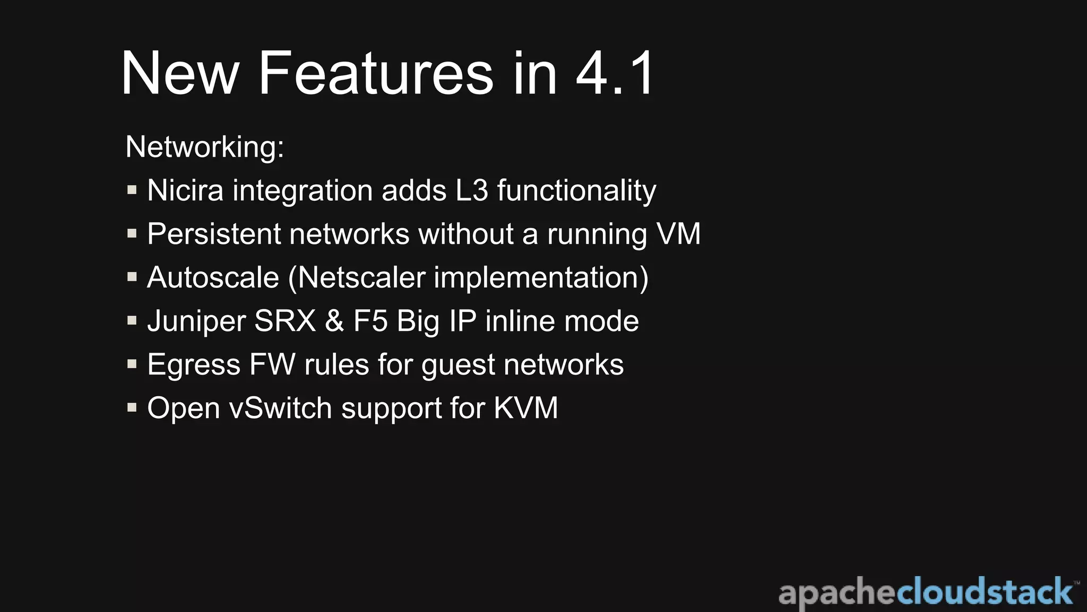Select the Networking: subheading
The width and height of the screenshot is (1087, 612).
click(x=205, y=147)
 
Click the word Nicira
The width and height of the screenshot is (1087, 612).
click(x=185, y=190)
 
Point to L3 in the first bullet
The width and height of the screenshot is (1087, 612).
click(x=471, y=190)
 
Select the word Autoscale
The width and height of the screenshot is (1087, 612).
click(x=213, y=277)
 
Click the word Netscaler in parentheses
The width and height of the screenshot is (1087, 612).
click(x=362, y=277)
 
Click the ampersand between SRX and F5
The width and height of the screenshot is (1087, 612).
click(x=334, y=321)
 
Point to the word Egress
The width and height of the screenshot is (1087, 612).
click(x=194, y=365)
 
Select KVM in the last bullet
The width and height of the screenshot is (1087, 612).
click(x=525, y=408)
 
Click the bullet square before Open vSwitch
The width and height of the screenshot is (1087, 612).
click(x=132, y=407)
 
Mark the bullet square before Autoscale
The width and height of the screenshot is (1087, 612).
click(x=132, y=277)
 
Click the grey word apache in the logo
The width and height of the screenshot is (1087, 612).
click(x=837, y=593)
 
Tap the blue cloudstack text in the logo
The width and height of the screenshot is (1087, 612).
click(x=985, y=592)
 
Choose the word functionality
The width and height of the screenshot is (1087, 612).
click(x=576, y=191)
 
